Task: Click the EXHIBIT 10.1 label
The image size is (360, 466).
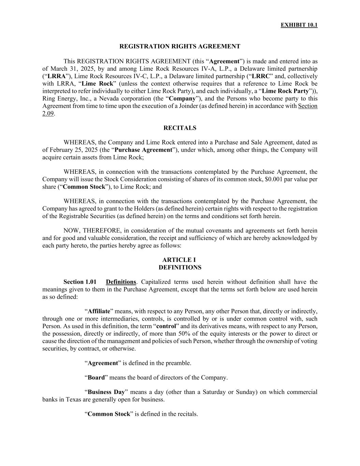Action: [x=299, y=25]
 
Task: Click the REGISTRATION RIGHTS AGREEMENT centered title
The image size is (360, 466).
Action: [x=180, y=46]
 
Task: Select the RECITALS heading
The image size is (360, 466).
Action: [x=180, y=128]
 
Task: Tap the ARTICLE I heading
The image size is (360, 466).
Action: [x=180, y=260]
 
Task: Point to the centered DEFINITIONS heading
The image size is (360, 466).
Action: [x=180, y=268]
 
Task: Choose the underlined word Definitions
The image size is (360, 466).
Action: [x=121, y=282]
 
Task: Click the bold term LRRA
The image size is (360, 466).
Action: [x=56, y=76]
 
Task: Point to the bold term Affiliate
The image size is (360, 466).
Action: [x=99, y=311]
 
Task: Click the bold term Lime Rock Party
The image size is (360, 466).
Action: [x=285, y=91]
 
